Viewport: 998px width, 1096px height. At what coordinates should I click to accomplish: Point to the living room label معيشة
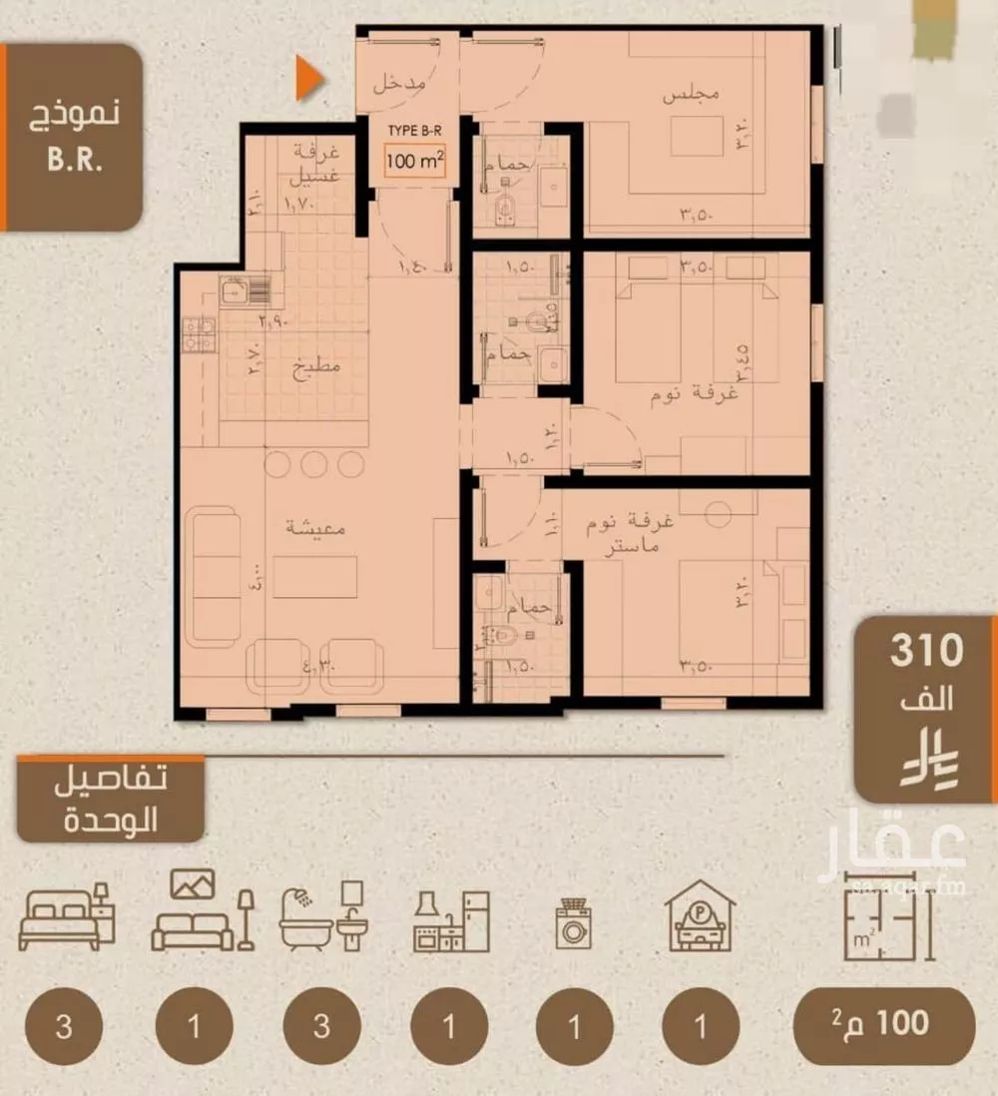[315, 529]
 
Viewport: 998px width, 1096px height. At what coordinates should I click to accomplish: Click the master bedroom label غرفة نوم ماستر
[636, 531]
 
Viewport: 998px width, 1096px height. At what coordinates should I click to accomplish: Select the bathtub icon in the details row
[321, 917]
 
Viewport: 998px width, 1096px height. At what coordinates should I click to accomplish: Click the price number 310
[926, 651]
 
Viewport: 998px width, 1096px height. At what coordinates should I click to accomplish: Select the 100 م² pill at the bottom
[883, 1025]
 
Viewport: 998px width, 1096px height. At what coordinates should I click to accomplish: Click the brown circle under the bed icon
[65, 1027]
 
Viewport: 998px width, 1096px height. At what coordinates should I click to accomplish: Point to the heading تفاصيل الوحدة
[112, 802]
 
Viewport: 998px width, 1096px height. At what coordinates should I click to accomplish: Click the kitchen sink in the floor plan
[235, 292]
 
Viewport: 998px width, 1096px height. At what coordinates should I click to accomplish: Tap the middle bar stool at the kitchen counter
[315, 464]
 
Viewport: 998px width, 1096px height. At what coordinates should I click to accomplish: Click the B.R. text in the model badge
[75, 162]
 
